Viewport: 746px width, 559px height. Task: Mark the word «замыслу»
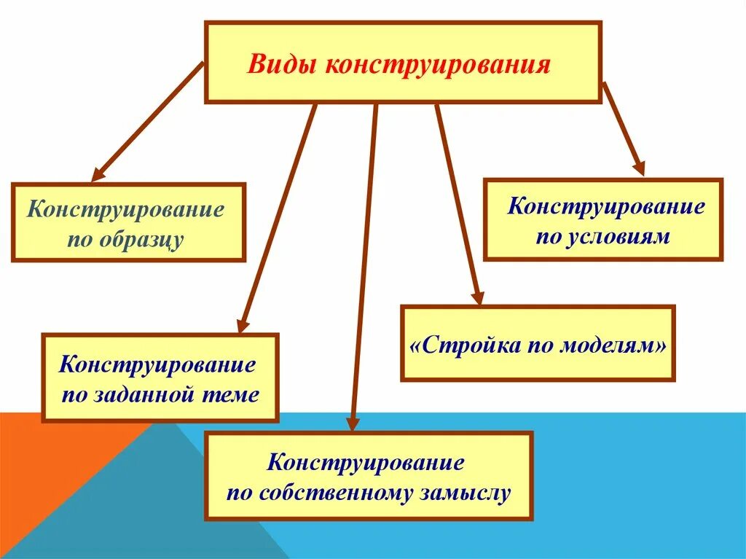coord(464,493)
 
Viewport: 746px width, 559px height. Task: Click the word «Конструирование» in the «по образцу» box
coord(127,210)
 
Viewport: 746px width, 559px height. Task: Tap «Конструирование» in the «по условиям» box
coord(606,206)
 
